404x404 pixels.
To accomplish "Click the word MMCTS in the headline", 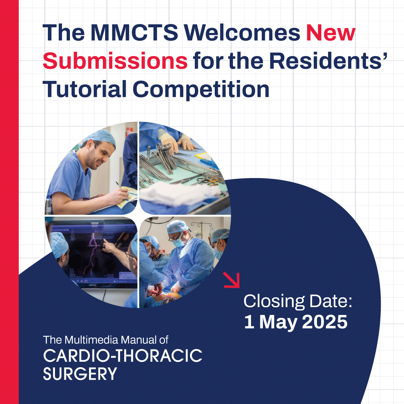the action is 134,33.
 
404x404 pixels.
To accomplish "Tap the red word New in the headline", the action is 331,33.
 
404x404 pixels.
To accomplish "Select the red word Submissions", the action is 115,61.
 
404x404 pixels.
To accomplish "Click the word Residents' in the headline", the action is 328,61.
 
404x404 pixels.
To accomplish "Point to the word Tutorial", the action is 85,89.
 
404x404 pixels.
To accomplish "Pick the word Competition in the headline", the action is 201,89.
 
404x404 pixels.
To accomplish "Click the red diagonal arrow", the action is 232,280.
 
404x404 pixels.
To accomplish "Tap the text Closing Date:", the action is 298,301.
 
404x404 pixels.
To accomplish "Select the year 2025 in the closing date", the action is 325,322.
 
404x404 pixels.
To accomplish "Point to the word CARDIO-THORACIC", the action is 123,356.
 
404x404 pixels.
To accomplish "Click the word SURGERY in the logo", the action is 80,374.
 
